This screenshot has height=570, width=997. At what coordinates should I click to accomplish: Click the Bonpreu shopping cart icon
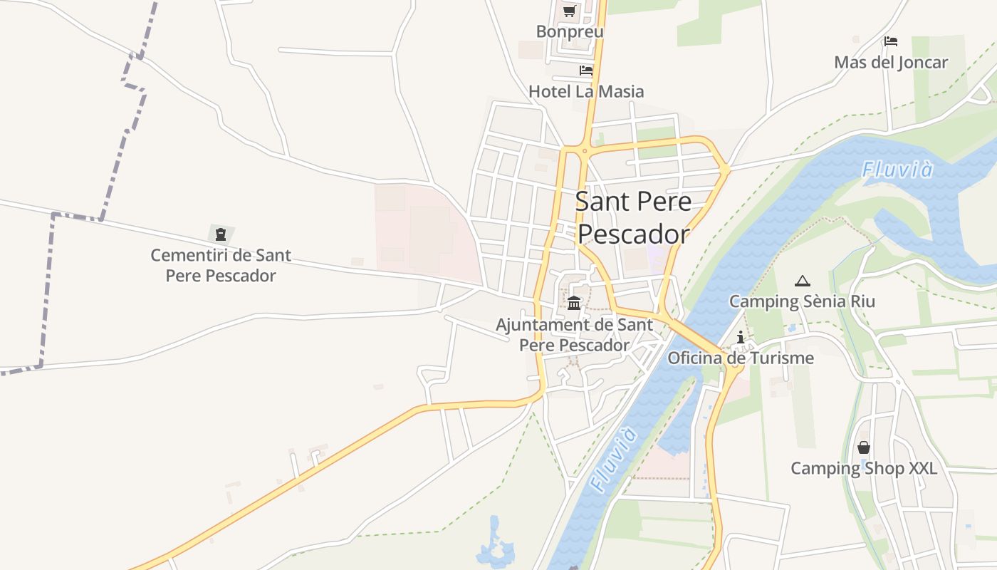(x=569, y=11)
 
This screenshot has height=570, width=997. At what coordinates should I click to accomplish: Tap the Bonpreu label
(x=570, y=31)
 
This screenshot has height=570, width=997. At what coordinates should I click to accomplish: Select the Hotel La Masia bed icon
(x=586, y=71)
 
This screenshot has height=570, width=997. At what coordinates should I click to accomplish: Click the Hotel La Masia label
(x=586, y=91)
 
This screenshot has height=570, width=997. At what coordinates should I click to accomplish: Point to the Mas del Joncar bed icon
(x=891, y=41)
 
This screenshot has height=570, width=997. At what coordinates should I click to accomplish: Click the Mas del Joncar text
(x=891, y=62)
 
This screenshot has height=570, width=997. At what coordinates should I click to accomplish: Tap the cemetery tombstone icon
(x=221, y=234)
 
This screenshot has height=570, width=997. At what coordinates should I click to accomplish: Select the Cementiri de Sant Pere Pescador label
(x=221, y=265)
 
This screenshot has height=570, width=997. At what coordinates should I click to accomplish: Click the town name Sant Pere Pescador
(x=633, y=217)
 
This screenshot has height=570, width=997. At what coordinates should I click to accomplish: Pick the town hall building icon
(x=574, y=303)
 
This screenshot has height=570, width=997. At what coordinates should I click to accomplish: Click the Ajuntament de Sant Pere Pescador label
(x=574, y=335)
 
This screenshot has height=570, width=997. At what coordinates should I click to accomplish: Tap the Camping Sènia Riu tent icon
(x=803, y=281)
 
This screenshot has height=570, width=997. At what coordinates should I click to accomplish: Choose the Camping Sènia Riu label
(x=802, y=301)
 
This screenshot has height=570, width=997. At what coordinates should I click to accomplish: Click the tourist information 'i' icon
(x=741, y=337)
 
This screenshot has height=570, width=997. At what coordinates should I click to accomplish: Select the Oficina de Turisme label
(x=741, y=358)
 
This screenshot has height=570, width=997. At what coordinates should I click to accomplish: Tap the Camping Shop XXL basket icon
(x=864, y=447)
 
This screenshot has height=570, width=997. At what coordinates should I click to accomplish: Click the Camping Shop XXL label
(x=864, y=468)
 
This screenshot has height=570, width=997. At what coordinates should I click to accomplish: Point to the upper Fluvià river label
(x=897, y=170)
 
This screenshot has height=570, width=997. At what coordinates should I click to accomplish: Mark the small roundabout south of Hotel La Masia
(x=585, y=150)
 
